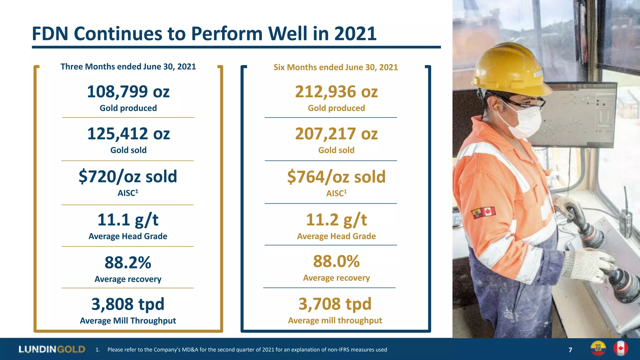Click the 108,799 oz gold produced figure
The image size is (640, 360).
[128, 92]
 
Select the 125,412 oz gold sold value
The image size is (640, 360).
[128, 134]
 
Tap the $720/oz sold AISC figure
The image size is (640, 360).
[128, 177]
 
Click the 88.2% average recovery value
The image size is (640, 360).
[128, 262]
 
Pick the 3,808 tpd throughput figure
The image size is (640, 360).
[128, 304]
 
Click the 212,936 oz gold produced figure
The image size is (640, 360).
[336, 92]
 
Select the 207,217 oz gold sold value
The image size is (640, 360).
[336, 134]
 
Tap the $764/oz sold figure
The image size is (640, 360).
[336, 177]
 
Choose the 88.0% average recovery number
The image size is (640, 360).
[336, 261]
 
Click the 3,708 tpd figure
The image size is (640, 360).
[335, 304]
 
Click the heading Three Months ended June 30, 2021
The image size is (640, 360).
[128, 67]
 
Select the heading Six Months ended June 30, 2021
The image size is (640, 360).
[336, 67]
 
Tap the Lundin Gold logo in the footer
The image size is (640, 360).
[52, 349]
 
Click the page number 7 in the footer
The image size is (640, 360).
[570, 350]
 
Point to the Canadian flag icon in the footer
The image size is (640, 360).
[621, 348]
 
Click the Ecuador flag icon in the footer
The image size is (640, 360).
[598, 348]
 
